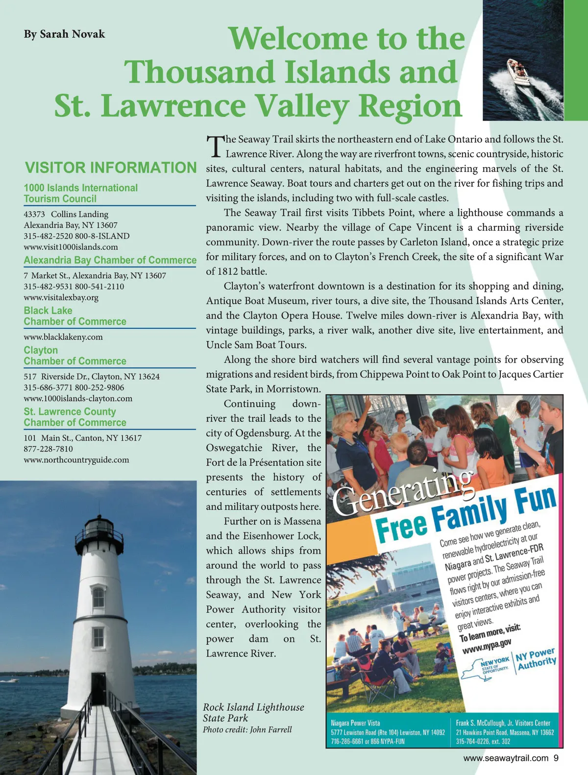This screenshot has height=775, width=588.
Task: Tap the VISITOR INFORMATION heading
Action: click(111, 168)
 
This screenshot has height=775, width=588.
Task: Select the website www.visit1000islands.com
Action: click(71, 247)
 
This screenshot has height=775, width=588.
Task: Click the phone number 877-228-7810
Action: click(48, 449)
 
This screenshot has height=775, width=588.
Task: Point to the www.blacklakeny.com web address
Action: click(63, 337)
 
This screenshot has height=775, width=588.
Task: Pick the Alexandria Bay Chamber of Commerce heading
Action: click(110, 260)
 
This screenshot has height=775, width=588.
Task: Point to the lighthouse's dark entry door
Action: click(98, 688)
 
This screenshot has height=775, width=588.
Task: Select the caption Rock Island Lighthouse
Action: click(253, 707)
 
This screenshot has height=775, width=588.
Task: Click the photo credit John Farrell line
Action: click(247, 729)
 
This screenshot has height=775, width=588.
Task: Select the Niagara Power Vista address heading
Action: click(355, 723)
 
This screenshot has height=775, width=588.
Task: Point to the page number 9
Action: click(556, 758)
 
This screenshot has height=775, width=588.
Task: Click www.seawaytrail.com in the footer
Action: click(506, 758)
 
